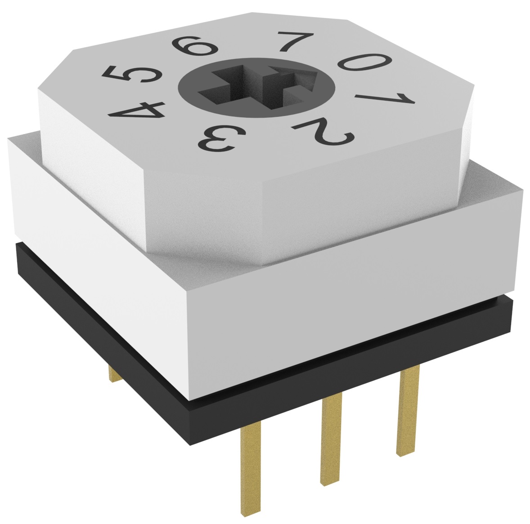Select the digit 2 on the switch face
(x=324, y=132)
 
